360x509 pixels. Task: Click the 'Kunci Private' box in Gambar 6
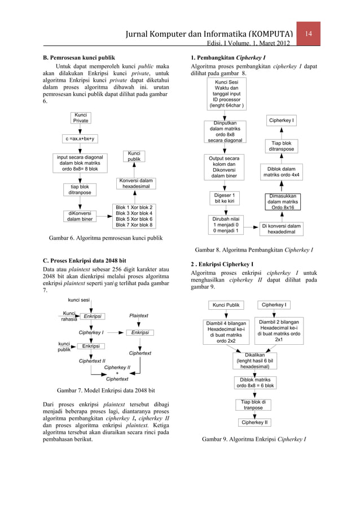click(x=81, y=118)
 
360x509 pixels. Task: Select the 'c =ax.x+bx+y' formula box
click(x=80, y=139)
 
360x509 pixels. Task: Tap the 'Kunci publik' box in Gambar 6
click(x=134, y=156)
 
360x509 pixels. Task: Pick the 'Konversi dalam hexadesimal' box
click(x=134, y=183)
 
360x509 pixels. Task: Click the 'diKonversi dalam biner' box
click(x=80, y=216)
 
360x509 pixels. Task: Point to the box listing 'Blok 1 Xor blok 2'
click(x=134, y=216)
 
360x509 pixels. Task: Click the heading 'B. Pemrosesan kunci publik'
click(x=79, y=57)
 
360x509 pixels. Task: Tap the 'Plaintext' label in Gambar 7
click(x=139, y=316)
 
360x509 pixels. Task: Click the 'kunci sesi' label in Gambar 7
click(x=79, y=300)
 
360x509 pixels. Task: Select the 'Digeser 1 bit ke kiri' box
click(x=225, y=198)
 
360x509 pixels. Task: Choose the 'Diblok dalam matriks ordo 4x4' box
click(x=281, y=172)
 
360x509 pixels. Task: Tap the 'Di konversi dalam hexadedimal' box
click(x=281, y=229)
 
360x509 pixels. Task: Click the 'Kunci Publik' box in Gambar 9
click(x=226, y=305)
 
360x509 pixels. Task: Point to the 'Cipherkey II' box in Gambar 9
click(x=254, y=422)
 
